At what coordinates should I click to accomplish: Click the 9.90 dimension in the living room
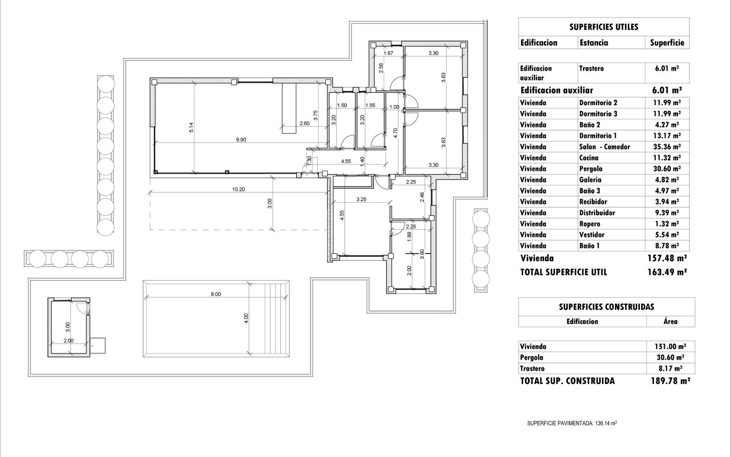pyautogui.click(x=241, y=140)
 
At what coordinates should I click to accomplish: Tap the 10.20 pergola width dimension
pyautogui.click(x=238, y=189)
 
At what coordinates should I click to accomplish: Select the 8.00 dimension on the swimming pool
pyautogui.click(x=215, y=294)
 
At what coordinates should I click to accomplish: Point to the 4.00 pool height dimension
pyautogui.click(x=246, y=318)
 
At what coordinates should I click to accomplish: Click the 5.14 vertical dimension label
pyautogui.click(x=191, y=127)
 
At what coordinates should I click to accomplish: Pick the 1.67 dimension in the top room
pyautogui.click(x=388, y=53)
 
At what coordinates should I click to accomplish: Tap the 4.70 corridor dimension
pyautogui.click(x=395, y=133)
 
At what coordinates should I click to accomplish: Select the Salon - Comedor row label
pyautogui.click(x=605, y=147)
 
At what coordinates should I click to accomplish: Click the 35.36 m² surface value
pyautogui.click(x=667, y=147)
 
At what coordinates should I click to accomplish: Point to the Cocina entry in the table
pyautogui.click(x=589, y=158)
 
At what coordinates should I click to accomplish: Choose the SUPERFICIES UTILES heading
pyautogui.click(x=604, y=27)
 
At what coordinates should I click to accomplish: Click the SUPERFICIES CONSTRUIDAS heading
pyautogui.click(x=607, y=307)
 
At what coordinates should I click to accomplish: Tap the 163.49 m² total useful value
pyautogui.click(x=667, y=272)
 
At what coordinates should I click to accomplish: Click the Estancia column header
pyautogui.click(x=594, y=43)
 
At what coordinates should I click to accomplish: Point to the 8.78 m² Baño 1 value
pyautogui.click(x=667, y=246)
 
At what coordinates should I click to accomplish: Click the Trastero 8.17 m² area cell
pyautogui.click(x=670, y=369)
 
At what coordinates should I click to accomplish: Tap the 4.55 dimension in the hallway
pyautogui.click(x=346, y=161)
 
